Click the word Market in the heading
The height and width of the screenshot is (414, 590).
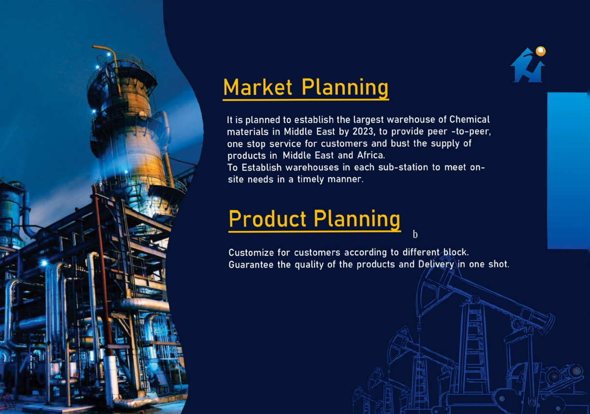click(x=258, y=87)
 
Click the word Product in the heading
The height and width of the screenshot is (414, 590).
click(x=267, y=219)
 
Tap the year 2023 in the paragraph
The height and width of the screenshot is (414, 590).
click(x=363, y=131)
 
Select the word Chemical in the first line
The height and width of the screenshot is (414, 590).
click(x=469, y=119)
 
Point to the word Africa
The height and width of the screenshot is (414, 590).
click(x=371, y=155)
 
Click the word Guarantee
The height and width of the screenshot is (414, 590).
click(x=251, y=264)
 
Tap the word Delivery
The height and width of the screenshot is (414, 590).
click(x=436, y=264)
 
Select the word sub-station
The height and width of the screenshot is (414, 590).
click(x=403, y=168)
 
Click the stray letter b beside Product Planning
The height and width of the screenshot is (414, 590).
click(x=415, y=234)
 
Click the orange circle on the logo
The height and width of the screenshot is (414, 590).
click(x=540, y=51)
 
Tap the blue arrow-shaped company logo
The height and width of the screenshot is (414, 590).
click(x=528, y=65)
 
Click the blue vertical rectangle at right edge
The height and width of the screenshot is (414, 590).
click(x=568, y=170)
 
